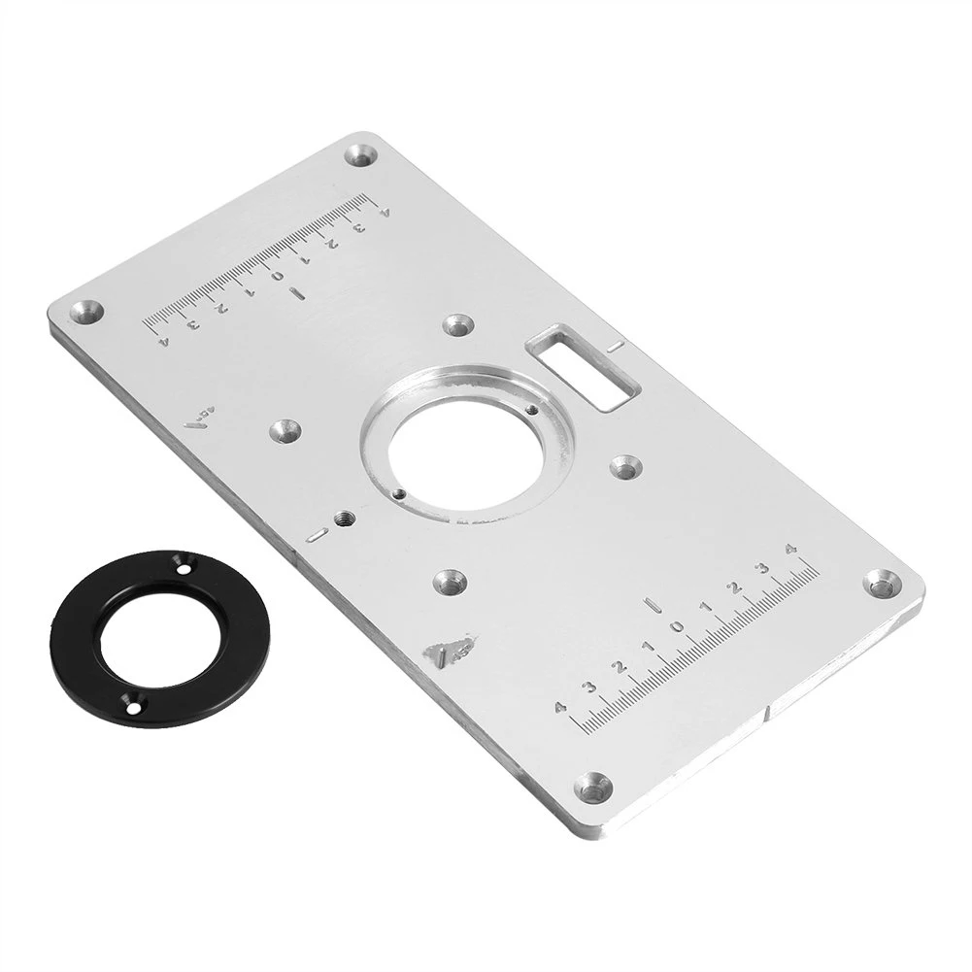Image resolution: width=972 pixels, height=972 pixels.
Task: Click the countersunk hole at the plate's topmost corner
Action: click(x=362, y=154)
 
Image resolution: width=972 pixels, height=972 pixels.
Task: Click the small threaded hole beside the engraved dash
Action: click(x=342, y=519)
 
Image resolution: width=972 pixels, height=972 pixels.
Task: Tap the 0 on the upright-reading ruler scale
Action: click(x=679, y=624)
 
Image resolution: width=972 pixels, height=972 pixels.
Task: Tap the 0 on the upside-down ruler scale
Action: click(x=278, y=277)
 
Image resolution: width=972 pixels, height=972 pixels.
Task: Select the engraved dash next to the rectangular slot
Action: click(x=613, y=346)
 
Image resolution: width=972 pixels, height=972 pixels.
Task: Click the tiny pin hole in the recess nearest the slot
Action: click(x=529, y=409)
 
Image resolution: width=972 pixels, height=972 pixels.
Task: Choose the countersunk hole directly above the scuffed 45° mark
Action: click(x=449, y=582)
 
